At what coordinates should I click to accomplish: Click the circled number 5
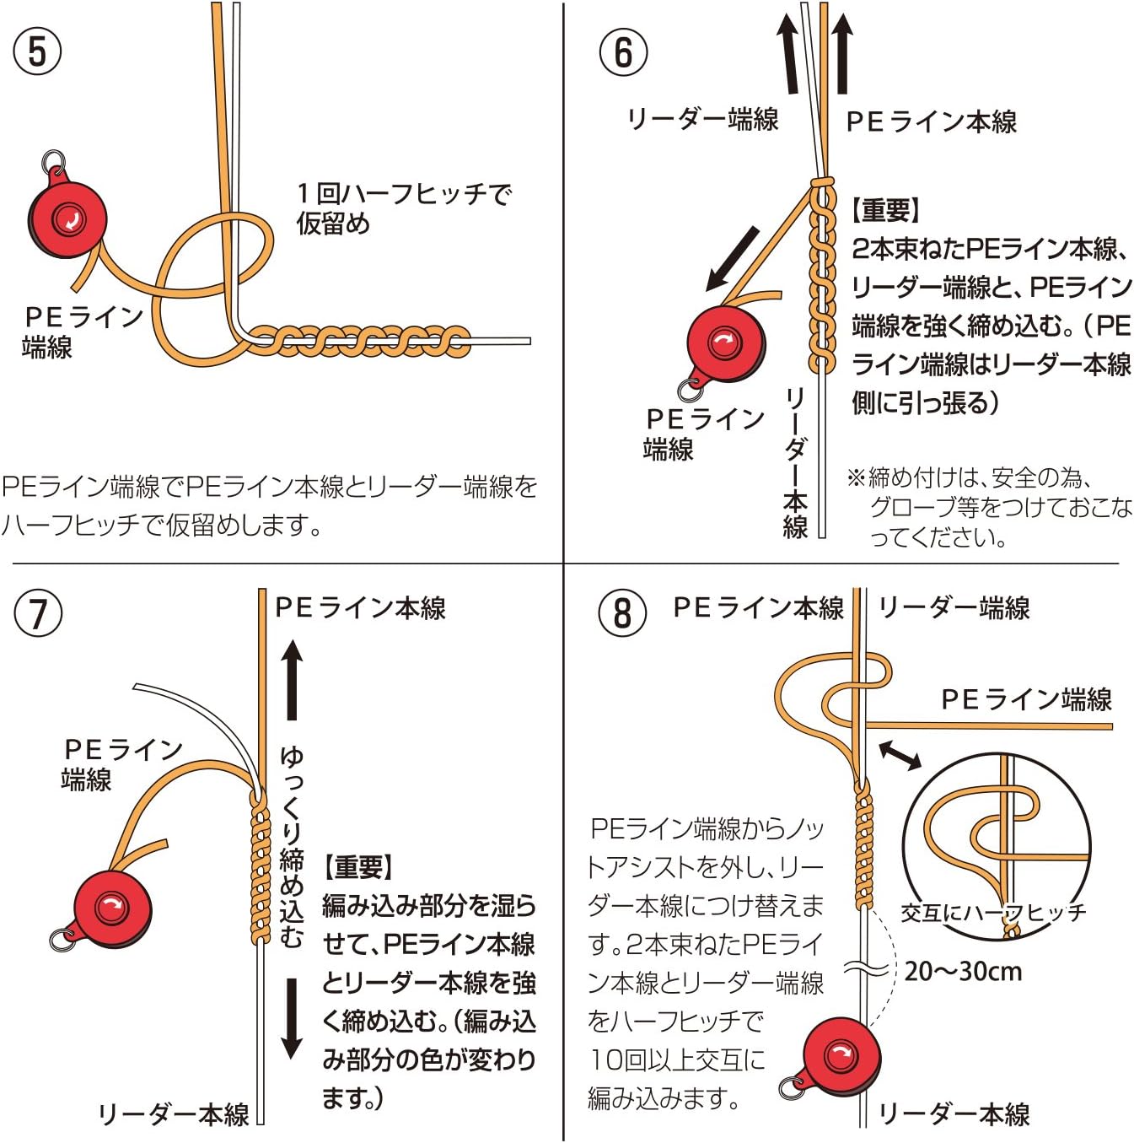37,51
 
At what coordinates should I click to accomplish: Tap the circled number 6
623,51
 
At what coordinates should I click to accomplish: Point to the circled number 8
622,612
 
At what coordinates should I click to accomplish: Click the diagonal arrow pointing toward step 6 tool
733,259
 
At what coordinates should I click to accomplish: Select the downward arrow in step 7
291,1018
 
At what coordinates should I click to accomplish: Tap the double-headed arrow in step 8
900,754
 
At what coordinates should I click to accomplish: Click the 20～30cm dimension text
963,972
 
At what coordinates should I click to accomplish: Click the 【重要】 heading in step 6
886,210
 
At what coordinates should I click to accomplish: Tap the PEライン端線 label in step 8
1026,699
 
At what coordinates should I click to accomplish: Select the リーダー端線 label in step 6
702,119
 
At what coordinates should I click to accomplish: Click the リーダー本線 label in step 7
174,1114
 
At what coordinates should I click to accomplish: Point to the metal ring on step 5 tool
53,161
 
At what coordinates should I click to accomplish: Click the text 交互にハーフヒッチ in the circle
993,912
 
